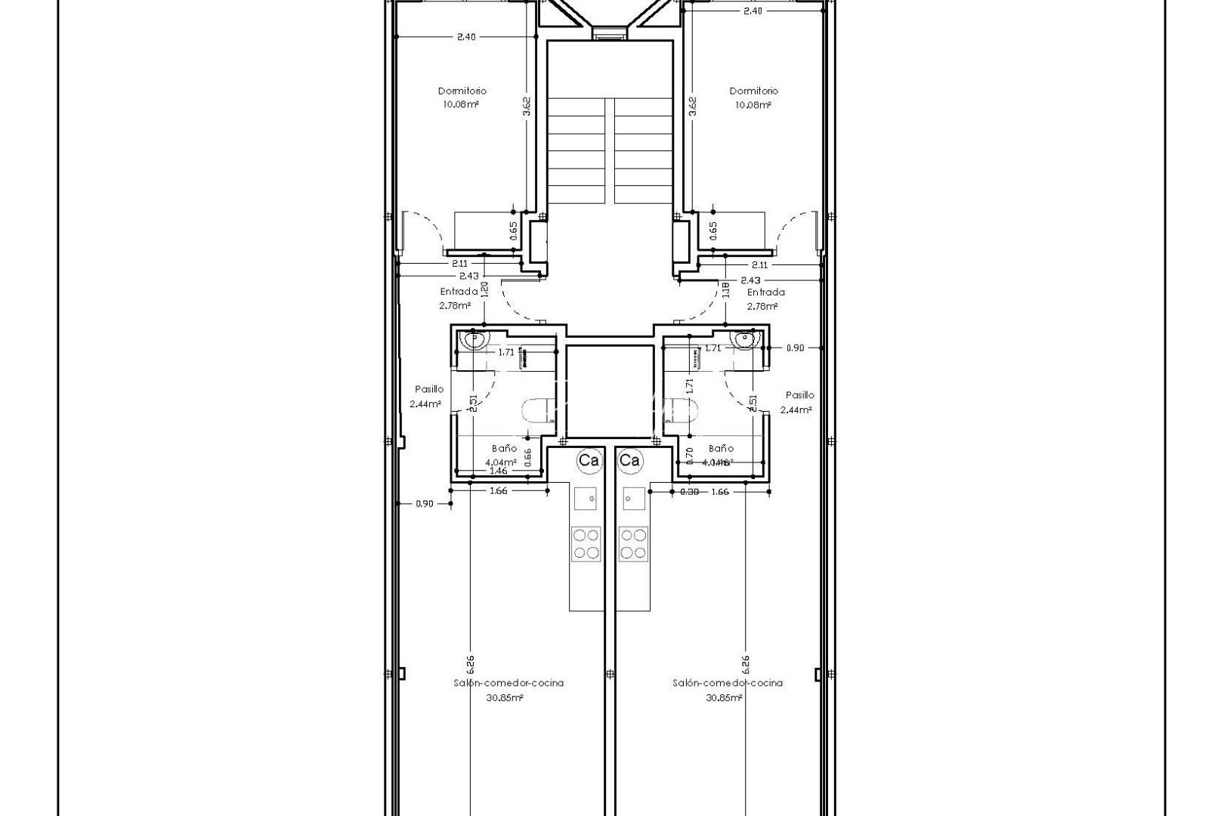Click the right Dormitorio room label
pos(753,91)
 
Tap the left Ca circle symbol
pos(589,460)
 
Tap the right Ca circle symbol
pos(629,460)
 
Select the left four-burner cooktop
pos(586,544)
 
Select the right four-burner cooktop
pos(633,544)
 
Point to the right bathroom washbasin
pos(746,341)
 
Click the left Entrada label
pos(459,292)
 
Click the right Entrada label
pos(765,292)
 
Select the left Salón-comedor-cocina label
pos(508,683)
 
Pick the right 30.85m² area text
pos(724,698)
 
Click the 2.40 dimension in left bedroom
pos(466,36)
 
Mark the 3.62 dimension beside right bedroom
pos(692,105)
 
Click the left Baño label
pos(504,448)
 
